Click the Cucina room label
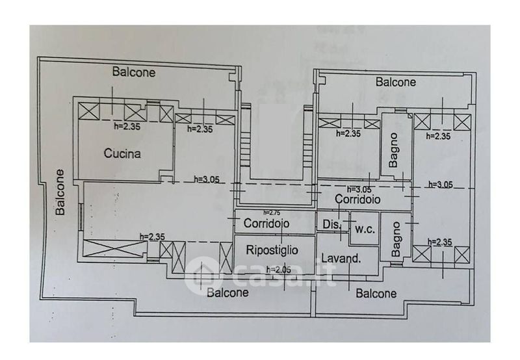point(123,154)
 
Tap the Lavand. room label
point(342,259)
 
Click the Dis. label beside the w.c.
point(331,225)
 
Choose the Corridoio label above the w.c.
point(358,199)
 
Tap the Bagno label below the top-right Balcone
point(394,150)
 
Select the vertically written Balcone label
point(59,192)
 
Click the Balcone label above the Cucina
point(134,72)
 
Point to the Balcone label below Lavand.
point(376,293)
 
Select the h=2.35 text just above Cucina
point(127,127)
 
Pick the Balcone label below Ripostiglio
point(228,292)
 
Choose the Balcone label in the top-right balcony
point(396,83)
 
